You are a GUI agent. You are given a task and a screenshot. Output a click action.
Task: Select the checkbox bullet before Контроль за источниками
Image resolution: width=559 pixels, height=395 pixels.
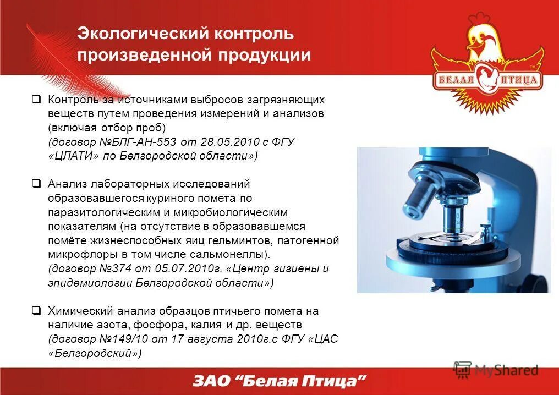point(36,100)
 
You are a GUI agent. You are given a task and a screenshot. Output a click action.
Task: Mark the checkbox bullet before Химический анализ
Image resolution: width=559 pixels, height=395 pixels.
point(36,311)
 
